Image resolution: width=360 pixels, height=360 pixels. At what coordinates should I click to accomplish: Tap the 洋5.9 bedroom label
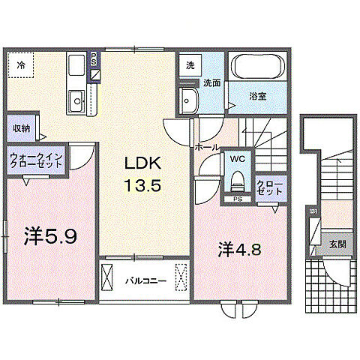pos(49,238)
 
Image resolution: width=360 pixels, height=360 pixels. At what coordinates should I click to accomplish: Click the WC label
pos(238,160)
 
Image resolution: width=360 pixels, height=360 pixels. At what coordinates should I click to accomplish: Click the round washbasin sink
pos(187,100)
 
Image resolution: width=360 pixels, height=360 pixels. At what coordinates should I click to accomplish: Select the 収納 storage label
pos(21,128)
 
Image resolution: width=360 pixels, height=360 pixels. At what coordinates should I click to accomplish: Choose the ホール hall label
pos(206,148)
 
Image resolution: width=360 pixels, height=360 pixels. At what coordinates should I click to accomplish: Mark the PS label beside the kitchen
pos(93,59)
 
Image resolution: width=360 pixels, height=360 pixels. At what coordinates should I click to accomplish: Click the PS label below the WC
pos(237,199)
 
